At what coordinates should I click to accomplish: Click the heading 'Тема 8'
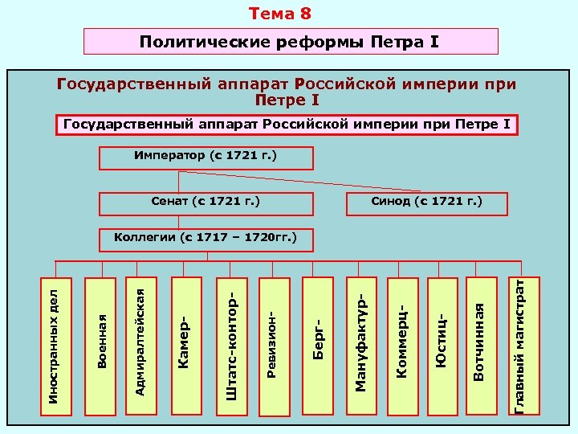[x=279, y=14]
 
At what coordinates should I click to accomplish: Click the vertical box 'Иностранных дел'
[x=55, y=346]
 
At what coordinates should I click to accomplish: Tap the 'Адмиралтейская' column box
[x=140, y=346]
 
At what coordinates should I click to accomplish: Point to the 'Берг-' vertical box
[x=318, y=346]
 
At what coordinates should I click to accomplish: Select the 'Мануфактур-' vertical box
[x=361, y=346]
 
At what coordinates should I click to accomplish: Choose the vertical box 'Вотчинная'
[x=479, y=346]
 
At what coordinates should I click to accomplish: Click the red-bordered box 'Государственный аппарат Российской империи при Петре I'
[x=287, y=125]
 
